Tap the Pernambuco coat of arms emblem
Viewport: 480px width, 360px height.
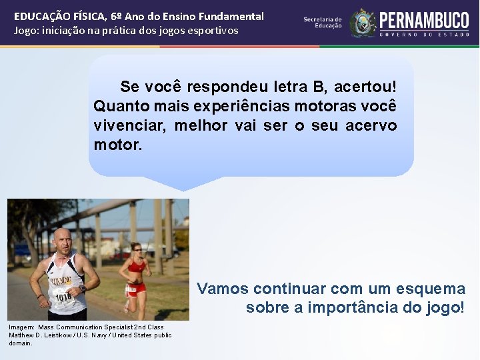click(x=363, y=23)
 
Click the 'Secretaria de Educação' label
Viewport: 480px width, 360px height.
click(x=323, y=22)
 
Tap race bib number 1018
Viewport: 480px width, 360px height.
click(x=63, y=297)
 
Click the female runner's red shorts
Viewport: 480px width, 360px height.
click(x=135, y=288)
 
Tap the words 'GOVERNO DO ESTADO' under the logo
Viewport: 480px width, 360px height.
click(x=424, y=33)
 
